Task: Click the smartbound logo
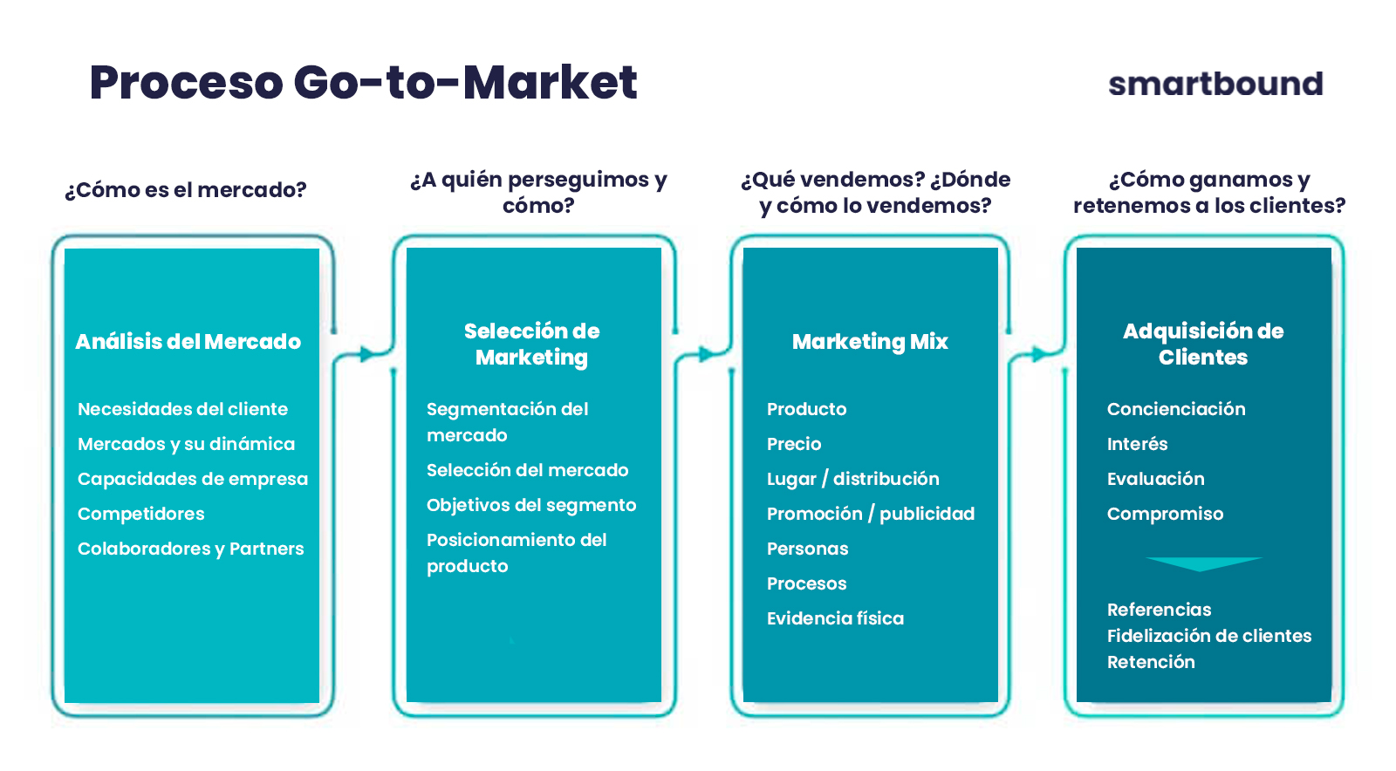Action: coord(1215,84)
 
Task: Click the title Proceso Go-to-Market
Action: coord(363,82)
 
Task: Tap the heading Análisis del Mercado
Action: coord(188,342)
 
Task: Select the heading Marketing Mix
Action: coord(870,342)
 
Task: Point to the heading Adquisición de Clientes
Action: coord(1203,344)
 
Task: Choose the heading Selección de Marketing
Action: coord(532,344)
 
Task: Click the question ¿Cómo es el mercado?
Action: coord(186,189)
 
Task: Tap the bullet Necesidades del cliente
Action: coord(182,409)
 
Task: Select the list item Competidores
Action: coord(140,514)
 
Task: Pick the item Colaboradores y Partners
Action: coord(191,549)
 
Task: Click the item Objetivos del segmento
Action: coord(531,505)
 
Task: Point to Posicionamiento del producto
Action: coord(517,553)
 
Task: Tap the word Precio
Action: coord(794,444)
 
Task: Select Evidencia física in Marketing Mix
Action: coord(835,618)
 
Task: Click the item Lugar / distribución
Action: coord(852,479)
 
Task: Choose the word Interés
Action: coord(1138,444)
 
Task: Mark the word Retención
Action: coord(1151,662)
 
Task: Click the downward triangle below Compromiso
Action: coord(1203,563)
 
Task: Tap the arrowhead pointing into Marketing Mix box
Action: coord(707,354)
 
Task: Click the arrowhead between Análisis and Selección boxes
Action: coord(367,354)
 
